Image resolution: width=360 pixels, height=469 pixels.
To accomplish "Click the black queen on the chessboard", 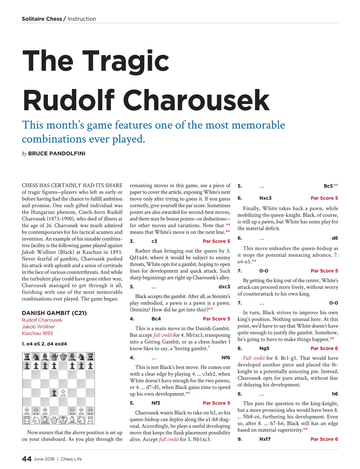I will [x=54, y=357].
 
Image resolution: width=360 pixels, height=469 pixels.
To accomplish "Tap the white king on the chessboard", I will [x=63, y=420].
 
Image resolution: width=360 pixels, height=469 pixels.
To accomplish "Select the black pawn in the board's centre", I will [x=54, y=393].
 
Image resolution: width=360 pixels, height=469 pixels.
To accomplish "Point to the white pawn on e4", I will [x=63, y=393].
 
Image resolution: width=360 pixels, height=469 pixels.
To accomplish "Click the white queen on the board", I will [x=54, y=420].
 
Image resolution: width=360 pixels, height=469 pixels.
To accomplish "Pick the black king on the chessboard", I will [x=63, y=357].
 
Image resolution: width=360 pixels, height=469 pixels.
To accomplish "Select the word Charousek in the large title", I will [x=196, y=100].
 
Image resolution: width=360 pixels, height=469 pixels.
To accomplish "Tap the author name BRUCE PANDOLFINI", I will [x=57, y=154].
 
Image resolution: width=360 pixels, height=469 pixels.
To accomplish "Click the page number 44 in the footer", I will [x=27, y=459].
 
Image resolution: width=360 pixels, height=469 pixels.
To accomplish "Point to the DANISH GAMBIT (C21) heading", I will [x=54, y=313].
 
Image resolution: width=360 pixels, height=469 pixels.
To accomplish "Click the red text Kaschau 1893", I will [x=37, y=333].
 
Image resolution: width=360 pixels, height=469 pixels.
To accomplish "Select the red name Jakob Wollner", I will [x=38, y=327].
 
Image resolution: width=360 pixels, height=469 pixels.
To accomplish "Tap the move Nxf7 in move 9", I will [x=265, y=439].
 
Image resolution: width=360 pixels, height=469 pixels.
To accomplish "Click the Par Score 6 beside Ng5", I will [x=324, y=348].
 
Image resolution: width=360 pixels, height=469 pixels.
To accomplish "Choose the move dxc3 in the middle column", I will [x=224, y=287].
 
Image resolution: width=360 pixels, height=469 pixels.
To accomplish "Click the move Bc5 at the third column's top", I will [x=328, y=186].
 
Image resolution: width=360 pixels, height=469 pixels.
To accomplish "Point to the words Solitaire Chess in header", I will [x=42, y=19].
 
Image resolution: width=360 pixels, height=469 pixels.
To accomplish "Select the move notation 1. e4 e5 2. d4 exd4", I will [x=44, y=344].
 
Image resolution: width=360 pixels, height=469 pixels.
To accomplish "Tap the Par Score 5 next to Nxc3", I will [x=324, y=198].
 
